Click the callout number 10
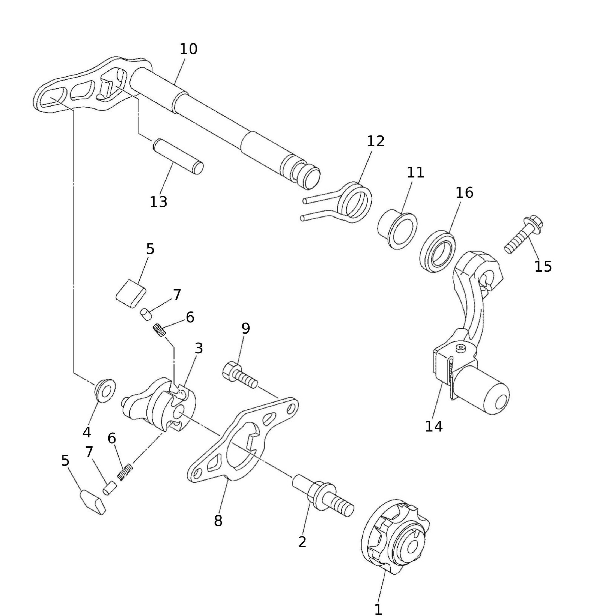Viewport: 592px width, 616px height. tap(188, 49)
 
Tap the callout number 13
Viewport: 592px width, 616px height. tap(158, 202)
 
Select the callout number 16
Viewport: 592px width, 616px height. tap(464, 192)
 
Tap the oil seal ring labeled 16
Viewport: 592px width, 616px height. tap(438, 252)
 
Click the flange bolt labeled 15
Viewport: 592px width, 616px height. tap(524, 235)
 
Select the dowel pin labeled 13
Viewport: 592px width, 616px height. tap(178, 156)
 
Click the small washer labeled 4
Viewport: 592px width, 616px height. tap(105, 390)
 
